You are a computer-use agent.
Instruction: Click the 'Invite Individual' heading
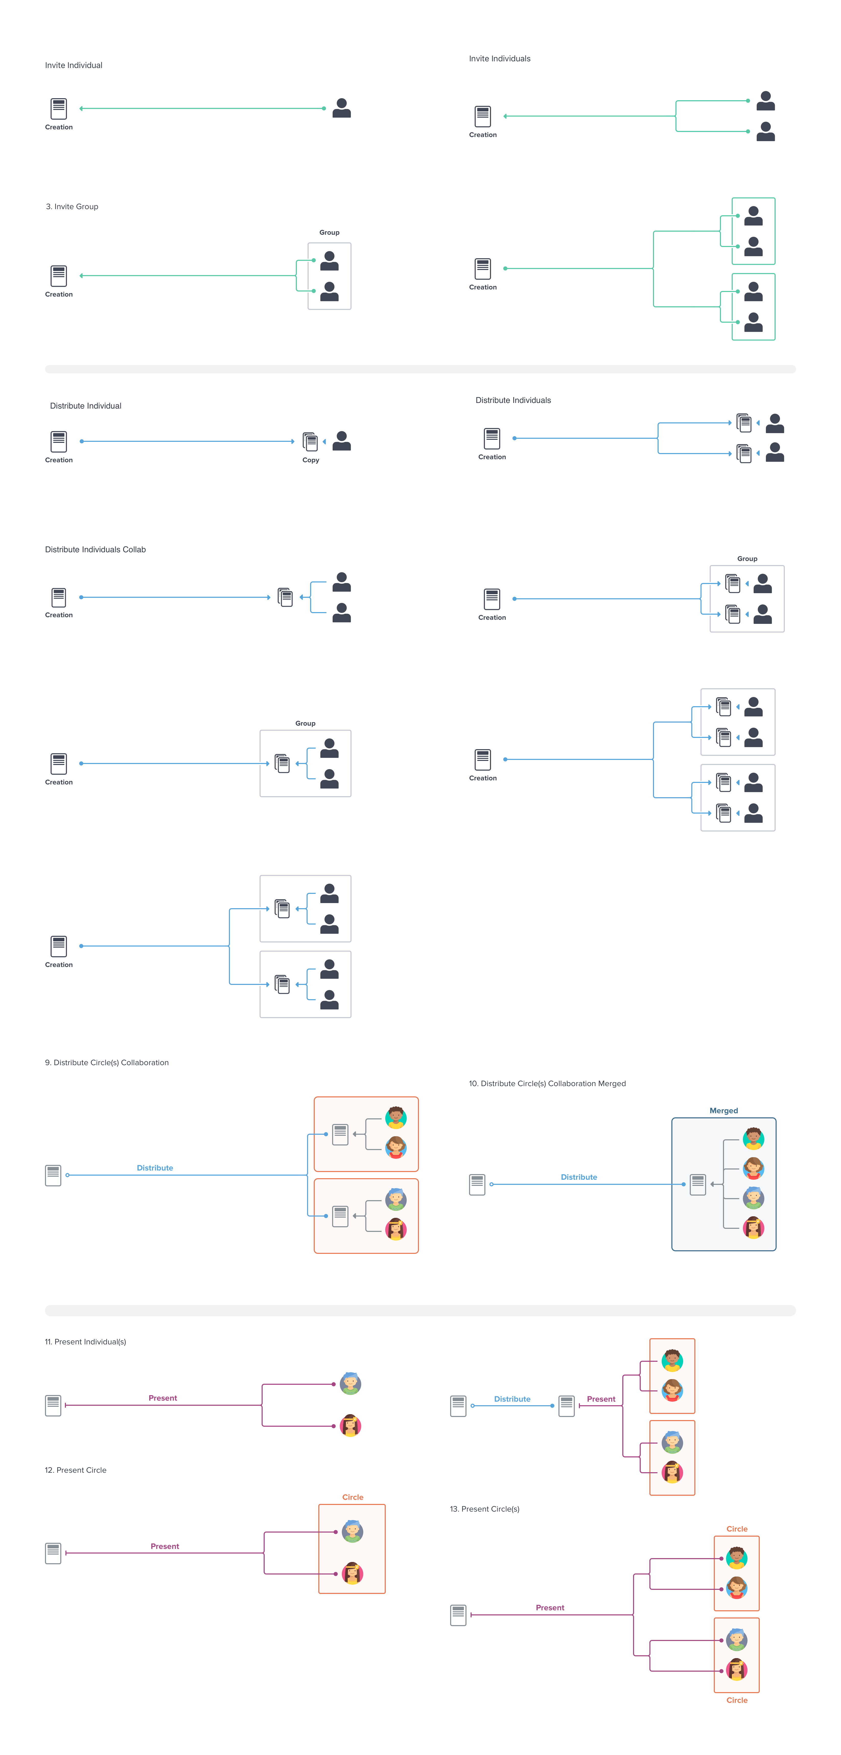click(74, 65)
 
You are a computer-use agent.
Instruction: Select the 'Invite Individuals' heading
click(499, 59)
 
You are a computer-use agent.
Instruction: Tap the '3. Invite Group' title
click(72, 206)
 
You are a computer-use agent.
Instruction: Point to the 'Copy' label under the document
click(311, 460)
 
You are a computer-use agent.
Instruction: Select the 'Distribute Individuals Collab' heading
click(95, 549)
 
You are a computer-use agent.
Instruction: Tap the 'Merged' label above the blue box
click(723, 1110)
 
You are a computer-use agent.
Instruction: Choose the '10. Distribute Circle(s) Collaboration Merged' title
click(547, 1083)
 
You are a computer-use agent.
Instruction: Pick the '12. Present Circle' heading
click(76, 1470)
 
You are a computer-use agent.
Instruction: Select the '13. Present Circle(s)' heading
click(484, 1508)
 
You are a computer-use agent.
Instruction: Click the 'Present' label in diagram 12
click(165, 1546)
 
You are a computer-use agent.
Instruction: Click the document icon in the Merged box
click(697, 1184)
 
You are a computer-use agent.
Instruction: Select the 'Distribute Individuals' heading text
click(513, 400)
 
